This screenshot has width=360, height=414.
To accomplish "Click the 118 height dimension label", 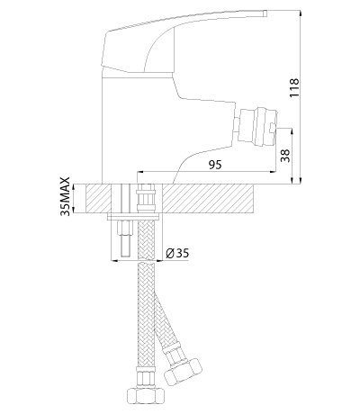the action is [294, 87].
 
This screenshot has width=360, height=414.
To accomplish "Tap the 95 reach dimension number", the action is [215, 165].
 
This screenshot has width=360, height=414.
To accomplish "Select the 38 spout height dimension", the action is [286, 156].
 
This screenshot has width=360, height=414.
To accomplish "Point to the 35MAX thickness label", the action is [65, 196].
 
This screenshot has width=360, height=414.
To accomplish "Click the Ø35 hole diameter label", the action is [177, 254].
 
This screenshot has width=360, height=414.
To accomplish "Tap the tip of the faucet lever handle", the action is [265, 13].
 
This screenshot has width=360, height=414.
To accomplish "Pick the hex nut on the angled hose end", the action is [183, 370].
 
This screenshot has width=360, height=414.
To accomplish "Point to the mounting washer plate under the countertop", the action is [133, 217].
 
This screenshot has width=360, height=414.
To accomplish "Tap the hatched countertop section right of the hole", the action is [208, 199].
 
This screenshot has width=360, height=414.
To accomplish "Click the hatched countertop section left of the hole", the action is [99, 199].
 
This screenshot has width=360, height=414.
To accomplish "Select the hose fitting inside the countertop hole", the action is [147, 198].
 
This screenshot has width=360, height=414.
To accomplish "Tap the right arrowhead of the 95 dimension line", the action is [273, 172].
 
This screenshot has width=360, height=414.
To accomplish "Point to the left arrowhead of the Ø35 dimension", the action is [114, 260].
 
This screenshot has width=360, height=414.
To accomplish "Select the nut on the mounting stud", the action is [126, 228].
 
